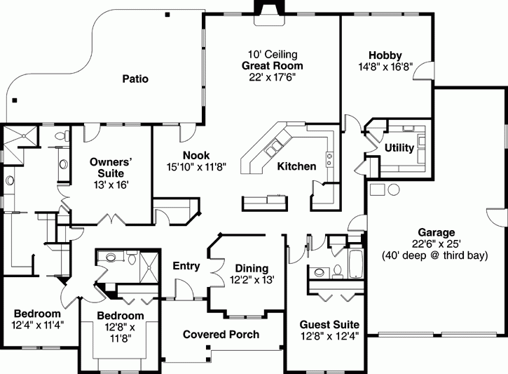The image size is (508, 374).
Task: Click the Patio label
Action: pos(135,79)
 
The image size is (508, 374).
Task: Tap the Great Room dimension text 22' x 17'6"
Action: pos(272,77)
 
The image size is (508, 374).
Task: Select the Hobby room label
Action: pos(385,55)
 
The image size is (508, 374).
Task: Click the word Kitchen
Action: pos(296,166)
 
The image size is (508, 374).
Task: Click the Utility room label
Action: pos(399,147)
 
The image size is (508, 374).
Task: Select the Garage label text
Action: pos(436,232)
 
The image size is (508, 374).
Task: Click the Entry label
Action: pos(186,267)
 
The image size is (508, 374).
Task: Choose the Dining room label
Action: pos(252,268)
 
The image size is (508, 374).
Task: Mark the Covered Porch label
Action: pos(221,335)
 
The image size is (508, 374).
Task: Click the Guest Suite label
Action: pos(329,325)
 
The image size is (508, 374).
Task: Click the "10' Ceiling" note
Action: pos(272,54)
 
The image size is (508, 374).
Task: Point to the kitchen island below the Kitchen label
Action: pos(264,202)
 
